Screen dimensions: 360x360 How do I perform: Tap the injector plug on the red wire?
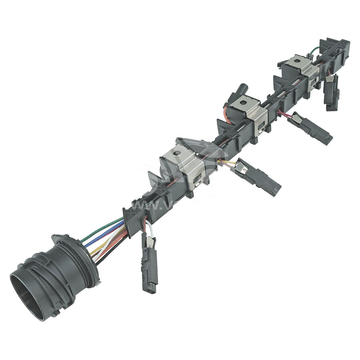coord(314,128)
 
